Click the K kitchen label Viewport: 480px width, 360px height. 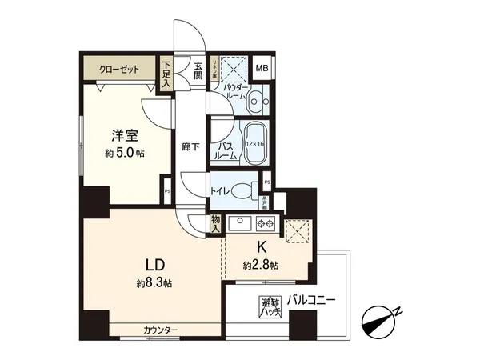(262, 249)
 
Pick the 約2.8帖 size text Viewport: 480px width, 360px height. (261, 265)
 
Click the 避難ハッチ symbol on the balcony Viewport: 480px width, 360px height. (270, 306)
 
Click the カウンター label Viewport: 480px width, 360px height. (161, 330)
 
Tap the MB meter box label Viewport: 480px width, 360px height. (261, 69)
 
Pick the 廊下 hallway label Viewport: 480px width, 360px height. (190, 146)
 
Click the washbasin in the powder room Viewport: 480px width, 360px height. (256, 102)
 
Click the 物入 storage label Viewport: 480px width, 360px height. (214, 223)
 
